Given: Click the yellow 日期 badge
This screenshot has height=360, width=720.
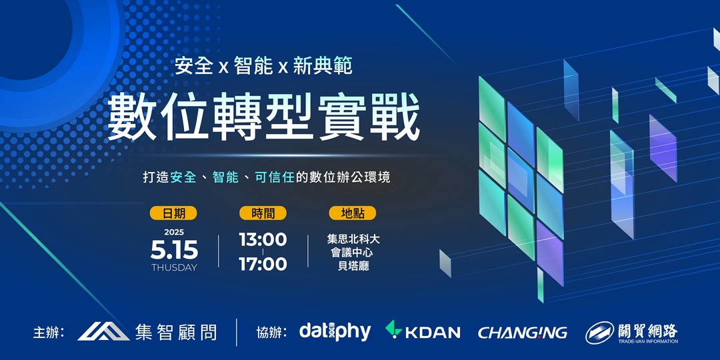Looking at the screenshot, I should click(174, 213).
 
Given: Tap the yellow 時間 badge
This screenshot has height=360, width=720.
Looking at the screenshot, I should click(263, 213).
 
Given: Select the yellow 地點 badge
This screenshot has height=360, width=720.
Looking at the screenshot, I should click(353, 213).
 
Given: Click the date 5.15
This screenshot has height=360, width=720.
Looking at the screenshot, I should click(174, 250).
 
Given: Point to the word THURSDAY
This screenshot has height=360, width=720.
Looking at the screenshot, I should click(174, 268).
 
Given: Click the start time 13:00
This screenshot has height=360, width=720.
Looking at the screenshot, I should click(263, 239).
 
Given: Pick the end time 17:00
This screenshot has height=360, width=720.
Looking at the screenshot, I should click(263, 264).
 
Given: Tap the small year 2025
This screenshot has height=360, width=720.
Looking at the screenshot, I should click(174, 232).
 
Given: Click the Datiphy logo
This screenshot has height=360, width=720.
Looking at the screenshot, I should click(335, 331).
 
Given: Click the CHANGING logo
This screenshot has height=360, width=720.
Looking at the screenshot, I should click(523, 332).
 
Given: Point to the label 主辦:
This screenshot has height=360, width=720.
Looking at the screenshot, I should click(49, 332).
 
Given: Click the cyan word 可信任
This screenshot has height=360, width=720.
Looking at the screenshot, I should click(275, 178).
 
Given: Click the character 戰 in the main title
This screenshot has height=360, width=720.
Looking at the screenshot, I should click(395, 118).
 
